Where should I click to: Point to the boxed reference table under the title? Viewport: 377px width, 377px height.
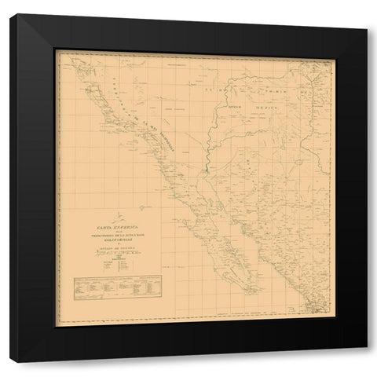tap(104, 288)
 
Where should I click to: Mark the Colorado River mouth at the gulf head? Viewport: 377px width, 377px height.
tap(206, 168)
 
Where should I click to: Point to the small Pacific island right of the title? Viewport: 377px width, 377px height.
tap(143, 207)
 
